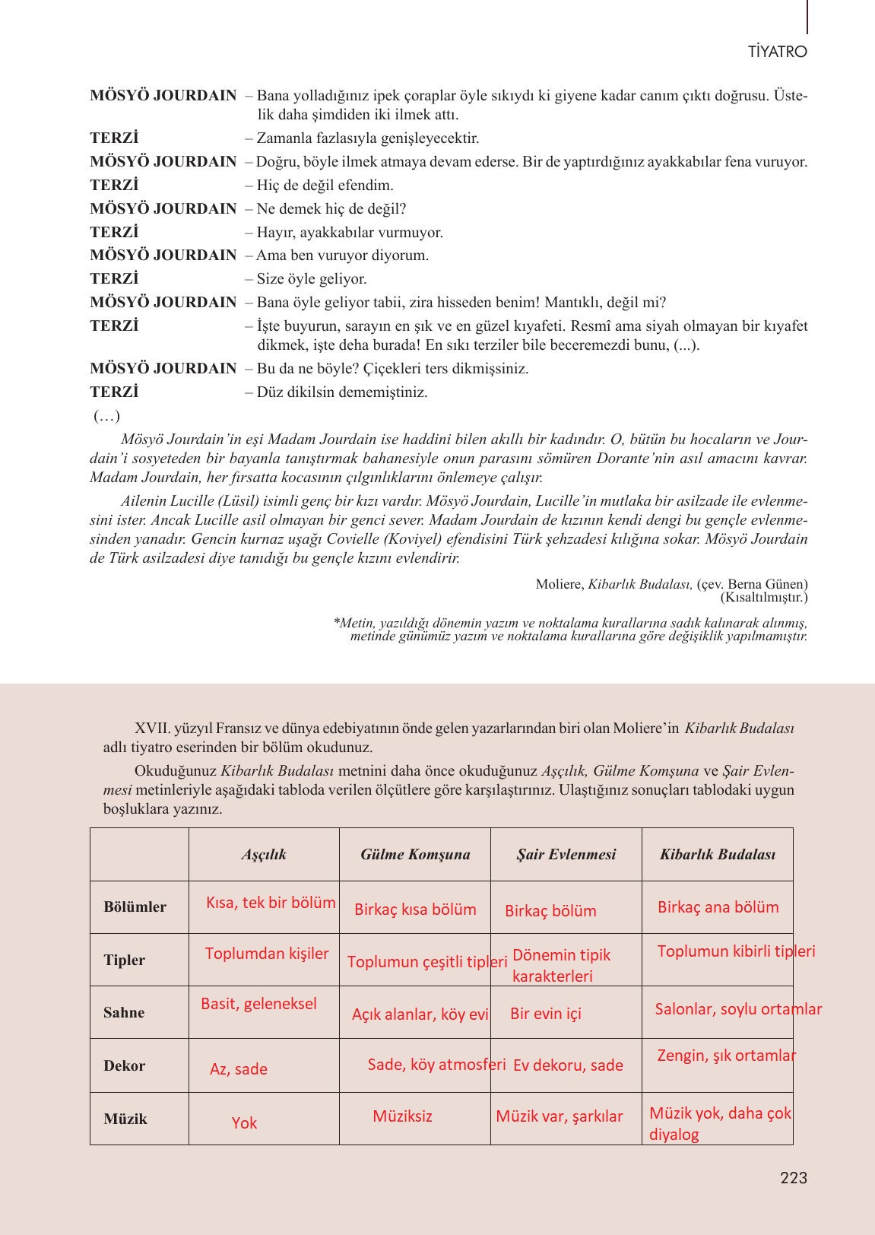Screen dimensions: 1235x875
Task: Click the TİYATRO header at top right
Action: (x=777, y=52)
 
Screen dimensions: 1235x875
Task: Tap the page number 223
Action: (x=793, y=1178)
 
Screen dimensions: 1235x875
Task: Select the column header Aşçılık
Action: (x=264, y=855)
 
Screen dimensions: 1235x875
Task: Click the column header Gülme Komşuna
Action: (x=415, y=855)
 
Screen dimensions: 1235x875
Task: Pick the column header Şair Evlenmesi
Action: (x=566, y=855)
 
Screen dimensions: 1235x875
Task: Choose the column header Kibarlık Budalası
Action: (x=718, y=855)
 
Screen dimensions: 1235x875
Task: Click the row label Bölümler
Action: (x=135, y=907)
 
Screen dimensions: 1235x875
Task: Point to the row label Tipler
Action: (x=125, y=960)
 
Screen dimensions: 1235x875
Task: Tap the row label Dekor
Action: (x=124, y=1066)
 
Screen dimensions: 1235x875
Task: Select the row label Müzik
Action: (x=125, y=1119)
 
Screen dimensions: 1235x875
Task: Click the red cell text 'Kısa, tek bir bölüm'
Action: (x=271, y=903)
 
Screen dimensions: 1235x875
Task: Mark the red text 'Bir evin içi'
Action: (x=546, y=1014)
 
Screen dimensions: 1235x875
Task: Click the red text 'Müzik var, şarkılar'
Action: (x=559, y=1116)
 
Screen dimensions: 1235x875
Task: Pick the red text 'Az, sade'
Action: (x=239, y=1069)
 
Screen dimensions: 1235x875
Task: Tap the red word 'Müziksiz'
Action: (x=402, y=1116)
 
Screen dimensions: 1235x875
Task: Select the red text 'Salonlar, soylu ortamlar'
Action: (x=738, y=1009)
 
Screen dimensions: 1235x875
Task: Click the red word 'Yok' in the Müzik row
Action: (x=244, y=1123)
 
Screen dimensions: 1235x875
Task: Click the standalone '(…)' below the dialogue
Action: (x=106, y=416)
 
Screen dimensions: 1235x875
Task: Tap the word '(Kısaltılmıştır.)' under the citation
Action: (x=764, y=597)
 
